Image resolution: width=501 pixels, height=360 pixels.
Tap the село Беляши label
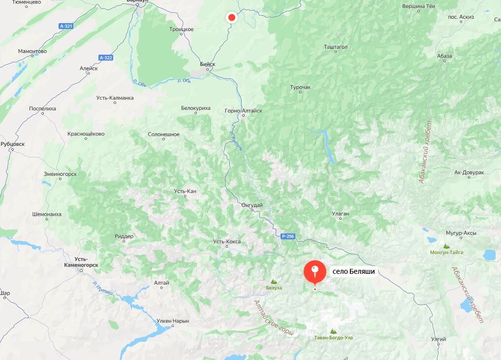(x=353, y=271)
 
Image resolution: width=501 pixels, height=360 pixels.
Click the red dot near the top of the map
(x=231, y=18)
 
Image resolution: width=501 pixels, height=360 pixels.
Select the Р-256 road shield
(x=288, y=236)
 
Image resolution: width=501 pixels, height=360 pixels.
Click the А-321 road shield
(x=65, y=26)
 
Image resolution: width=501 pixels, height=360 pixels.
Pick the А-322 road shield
(x=106, y=58)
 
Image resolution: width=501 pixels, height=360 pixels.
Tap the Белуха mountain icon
(x=274, y=282)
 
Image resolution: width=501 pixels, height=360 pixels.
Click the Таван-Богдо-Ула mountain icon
(x=334, y=331)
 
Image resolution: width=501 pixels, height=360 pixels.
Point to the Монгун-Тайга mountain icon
(x=446, y=246)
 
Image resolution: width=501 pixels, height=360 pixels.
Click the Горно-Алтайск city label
(x=243, y=111)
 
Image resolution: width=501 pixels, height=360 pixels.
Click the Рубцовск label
(x=13, y=144)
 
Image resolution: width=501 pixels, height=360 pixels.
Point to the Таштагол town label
(x=336, y=47)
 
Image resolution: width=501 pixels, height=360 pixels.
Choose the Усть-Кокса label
(x=227, y=241)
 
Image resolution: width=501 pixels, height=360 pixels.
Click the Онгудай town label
(x=252, y=204)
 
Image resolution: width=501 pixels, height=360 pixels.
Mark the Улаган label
(x=341, y=214)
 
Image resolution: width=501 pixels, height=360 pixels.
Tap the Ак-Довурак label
(x=470, y=172)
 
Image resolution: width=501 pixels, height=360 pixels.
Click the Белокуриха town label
(x=196, y=108)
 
